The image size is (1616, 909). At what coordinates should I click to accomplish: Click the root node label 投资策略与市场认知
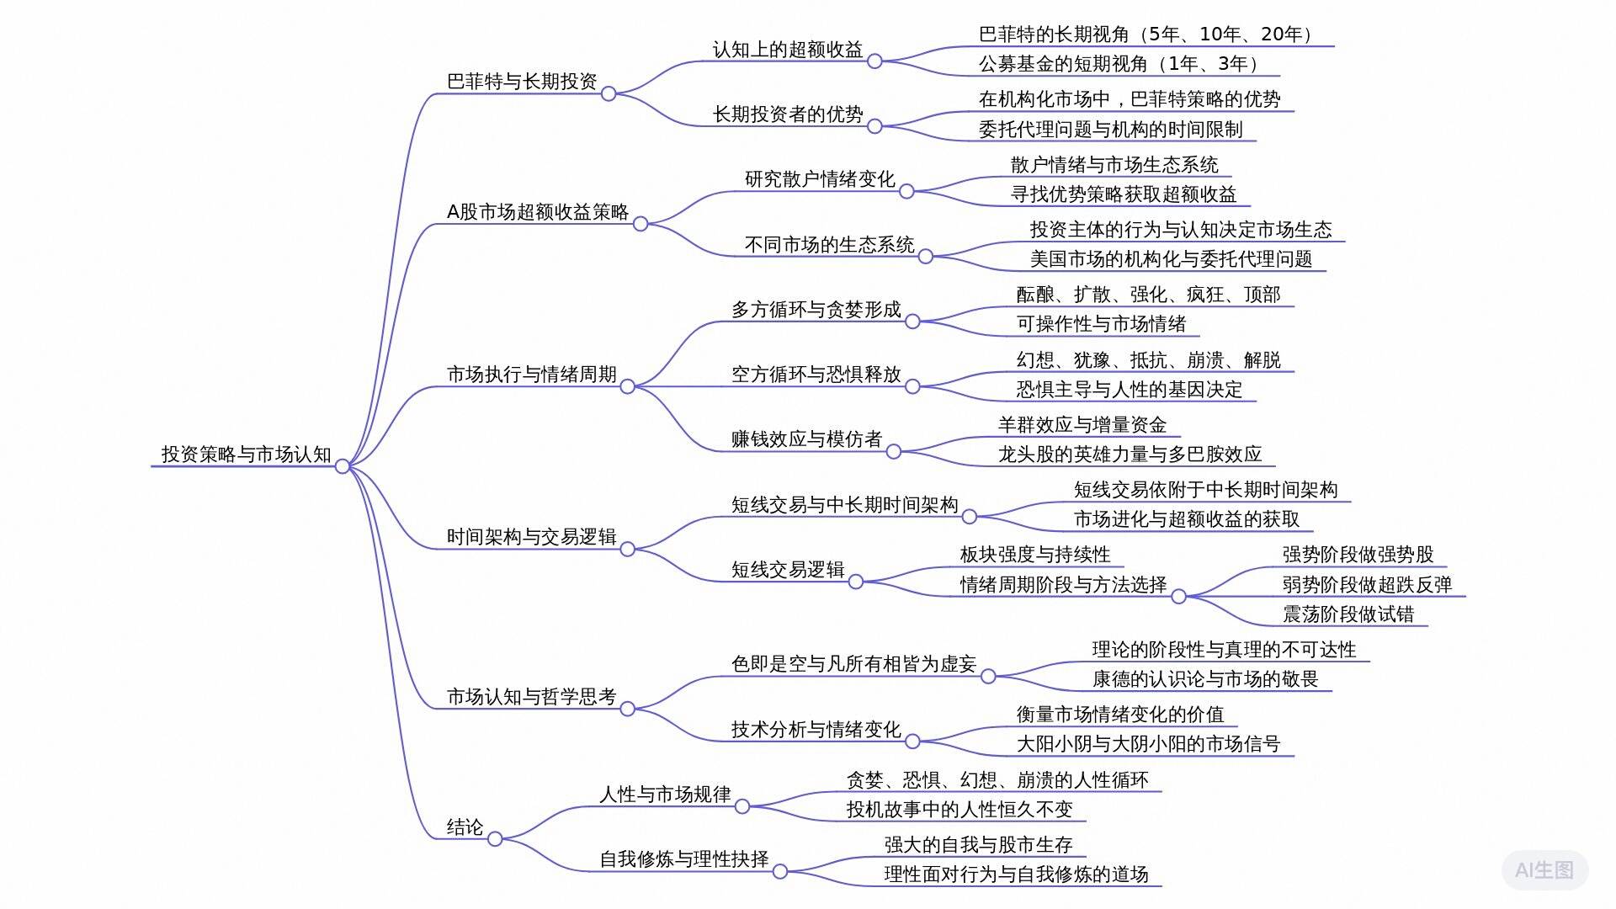246,454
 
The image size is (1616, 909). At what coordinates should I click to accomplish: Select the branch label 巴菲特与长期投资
522,82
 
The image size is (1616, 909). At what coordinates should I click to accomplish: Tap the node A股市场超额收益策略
537,212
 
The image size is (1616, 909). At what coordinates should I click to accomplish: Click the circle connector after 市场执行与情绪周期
627,386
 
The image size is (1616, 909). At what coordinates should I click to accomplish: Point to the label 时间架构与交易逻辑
531,537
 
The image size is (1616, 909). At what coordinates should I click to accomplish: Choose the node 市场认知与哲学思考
531,697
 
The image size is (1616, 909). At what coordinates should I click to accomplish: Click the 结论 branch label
465,827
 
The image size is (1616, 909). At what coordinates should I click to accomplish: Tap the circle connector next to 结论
495,838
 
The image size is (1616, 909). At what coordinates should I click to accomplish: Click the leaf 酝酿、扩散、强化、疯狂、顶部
1148,295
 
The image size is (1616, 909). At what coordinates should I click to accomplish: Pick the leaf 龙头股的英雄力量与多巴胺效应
1130,454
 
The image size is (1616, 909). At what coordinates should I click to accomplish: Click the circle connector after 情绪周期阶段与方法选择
1178,597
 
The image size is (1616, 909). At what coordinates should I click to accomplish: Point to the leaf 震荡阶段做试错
1348,614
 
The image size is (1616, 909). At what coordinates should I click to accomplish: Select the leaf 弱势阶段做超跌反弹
1367,585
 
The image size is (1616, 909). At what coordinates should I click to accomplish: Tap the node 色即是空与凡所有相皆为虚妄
853,664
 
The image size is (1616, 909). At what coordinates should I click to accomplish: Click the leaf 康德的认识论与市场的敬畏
1204,679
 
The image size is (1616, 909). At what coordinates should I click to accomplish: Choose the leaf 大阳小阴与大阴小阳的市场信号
1148,744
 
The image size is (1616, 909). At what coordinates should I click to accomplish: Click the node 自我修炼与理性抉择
683,859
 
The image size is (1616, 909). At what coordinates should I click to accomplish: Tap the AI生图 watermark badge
1544,870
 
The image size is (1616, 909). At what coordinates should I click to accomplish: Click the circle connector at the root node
343,466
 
